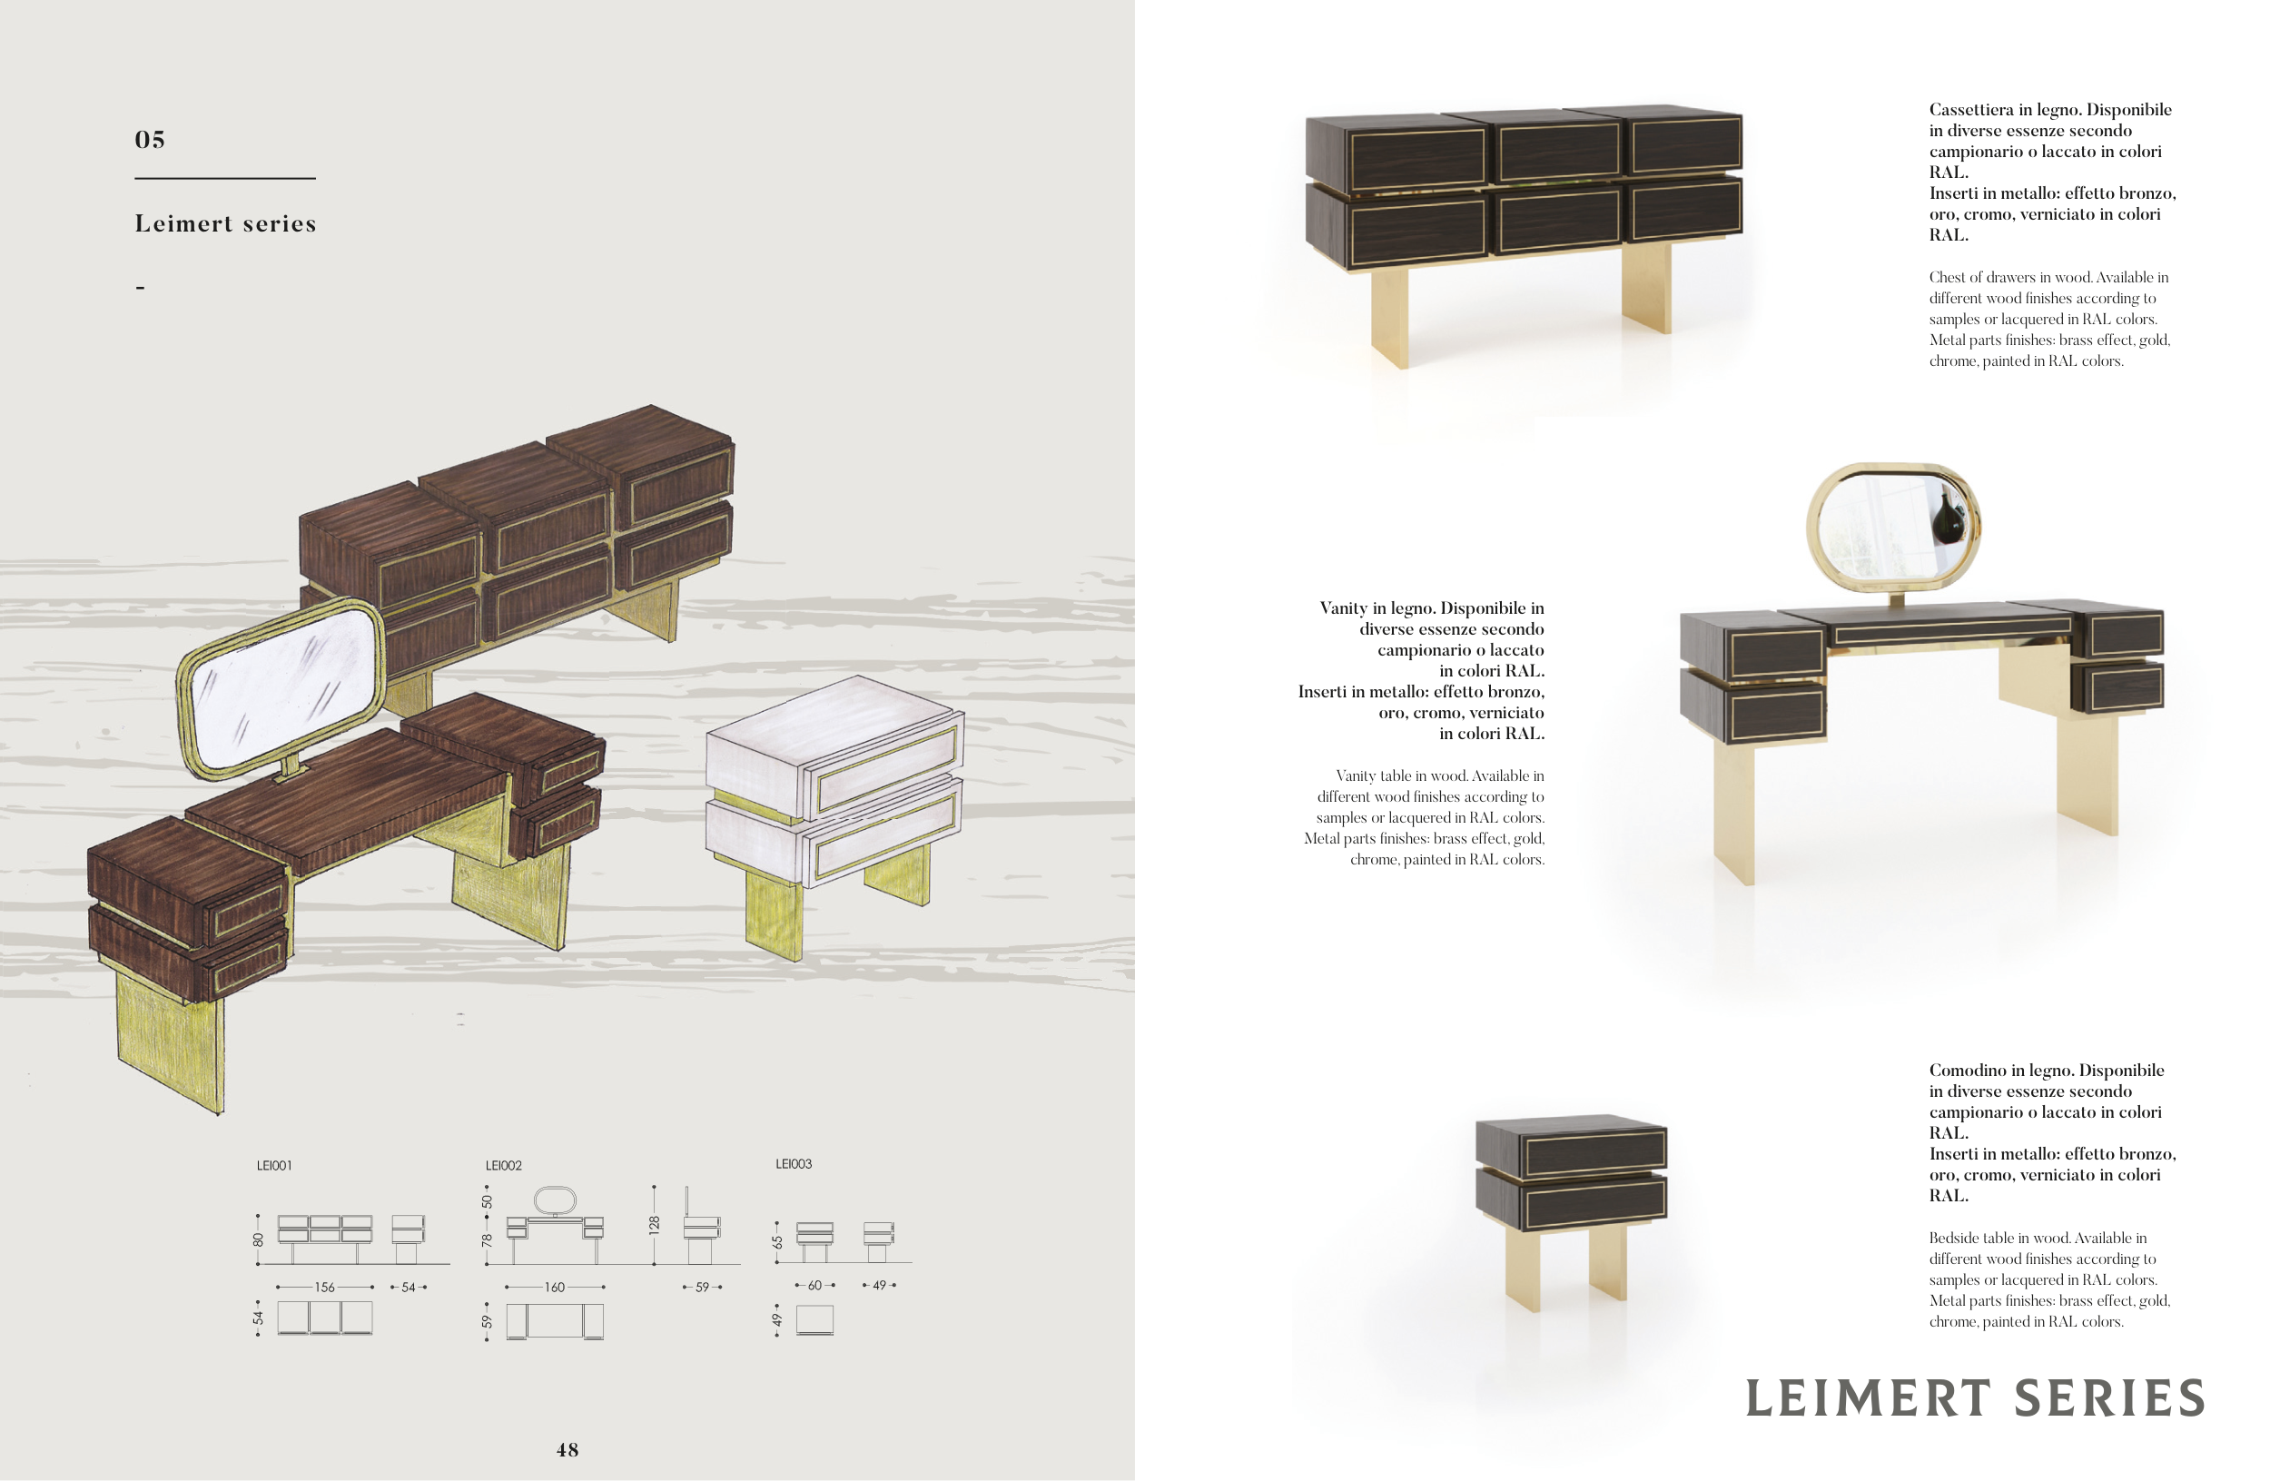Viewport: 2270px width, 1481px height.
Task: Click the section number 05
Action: pos(150,139)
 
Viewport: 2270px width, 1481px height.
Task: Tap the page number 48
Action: pos(567,1449)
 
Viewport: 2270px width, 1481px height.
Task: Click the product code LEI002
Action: pos(504,1165)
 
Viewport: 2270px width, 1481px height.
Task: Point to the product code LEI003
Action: pos(794,1163)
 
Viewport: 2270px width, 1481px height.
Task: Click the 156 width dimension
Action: pos(324,1288)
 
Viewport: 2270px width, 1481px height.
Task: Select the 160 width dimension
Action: pos(554,1288)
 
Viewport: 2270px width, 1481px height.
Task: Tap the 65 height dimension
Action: pos(777,1241)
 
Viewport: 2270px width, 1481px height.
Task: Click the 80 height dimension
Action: pos(258,1239)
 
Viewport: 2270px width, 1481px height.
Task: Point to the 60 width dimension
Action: pos(814,1286)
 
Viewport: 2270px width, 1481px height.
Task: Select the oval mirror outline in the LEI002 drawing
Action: pos(554,1200)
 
